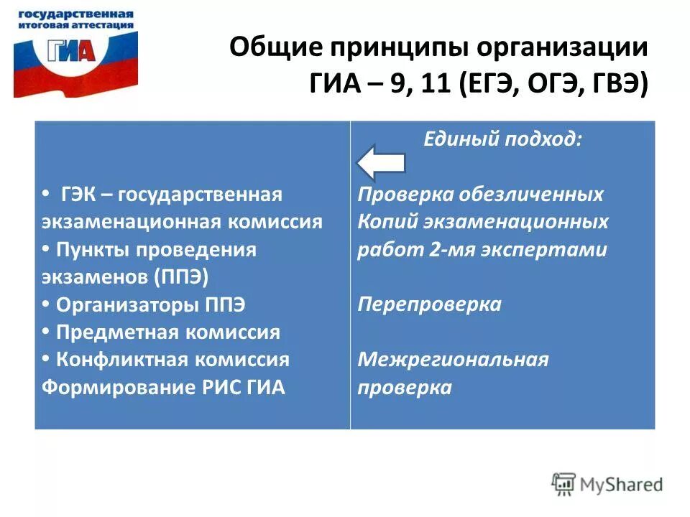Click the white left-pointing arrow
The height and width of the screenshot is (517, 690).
pyautogui.click(x=381, y=161)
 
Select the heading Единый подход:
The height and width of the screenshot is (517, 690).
pyautogui.click(x=502, y=139)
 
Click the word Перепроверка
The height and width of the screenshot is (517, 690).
pyautogui.click(x=429, y=304)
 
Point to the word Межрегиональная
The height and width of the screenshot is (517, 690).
pyautogui.click(x=453, y=359)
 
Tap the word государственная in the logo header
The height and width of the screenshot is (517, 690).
pyautogui.click(x=75, y=14)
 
